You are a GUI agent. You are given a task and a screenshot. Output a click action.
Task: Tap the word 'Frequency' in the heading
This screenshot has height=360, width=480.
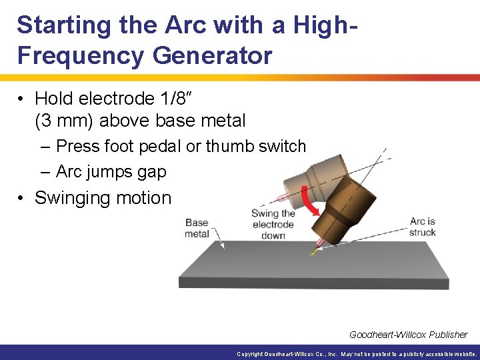click(x=80, y=55)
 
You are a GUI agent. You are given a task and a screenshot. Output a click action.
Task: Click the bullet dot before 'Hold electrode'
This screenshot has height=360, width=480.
click(x=22, y=99)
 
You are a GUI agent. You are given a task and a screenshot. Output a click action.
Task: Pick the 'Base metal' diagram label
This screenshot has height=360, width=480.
click(x=197, y=228)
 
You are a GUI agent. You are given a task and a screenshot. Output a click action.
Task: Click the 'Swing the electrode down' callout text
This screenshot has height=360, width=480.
click(x=273, y=225)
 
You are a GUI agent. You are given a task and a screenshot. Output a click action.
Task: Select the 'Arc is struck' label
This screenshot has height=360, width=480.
click(x=423, y=227)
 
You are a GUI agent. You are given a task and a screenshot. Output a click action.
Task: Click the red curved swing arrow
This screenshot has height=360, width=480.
click(x=309, y=201)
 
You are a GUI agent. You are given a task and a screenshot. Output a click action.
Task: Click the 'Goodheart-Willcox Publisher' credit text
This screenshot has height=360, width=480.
click(x=408, y=335)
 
